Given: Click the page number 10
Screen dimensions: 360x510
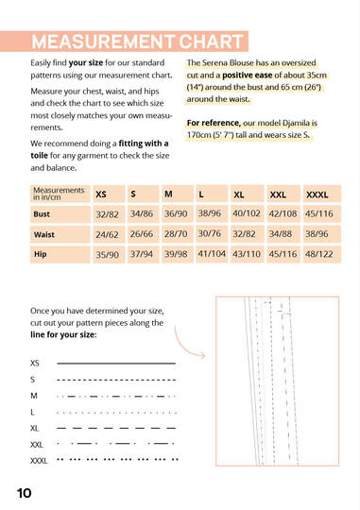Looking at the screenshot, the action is tap(24, 493).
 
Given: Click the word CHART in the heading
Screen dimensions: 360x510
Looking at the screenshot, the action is tap(211, 42).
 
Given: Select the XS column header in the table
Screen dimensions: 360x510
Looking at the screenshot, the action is tap(109, 195).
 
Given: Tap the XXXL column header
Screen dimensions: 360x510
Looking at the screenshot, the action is tap(322, 195).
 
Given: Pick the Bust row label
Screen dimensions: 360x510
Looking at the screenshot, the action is tap(60, 214).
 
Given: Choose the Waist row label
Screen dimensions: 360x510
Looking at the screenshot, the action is tap(60, 234).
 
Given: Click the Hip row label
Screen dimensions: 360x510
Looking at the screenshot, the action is tap(60, 254).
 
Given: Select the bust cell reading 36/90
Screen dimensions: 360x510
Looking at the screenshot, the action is tap(178, 214).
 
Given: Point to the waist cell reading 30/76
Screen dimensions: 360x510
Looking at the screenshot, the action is tap(212, 234).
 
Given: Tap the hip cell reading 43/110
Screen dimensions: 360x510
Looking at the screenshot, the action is tap(248, 254).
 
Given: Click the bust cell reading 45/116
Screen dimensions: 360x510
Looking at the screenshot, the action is tap(322, 214).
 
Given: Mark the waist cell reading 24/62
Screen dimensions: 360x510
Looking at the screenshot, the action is tap(109, 234).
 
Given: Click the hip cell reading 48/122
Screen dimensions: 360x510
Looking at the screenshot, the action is tap(322, 254).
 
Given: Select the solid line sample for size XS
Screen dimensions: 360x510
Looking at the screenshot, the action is tap(116, 363).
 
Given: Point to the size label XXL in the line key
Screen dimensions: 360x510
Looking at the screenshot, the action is tap(37, 445).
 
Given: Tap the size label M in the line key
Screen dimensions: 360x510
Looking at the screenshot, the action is tap(34, 396).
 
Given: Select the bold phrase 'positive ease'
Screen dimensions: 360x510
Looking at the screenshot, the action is tap(247, 76).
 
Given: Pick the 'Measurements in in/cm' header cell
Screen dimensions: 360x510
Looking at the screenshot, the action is tap(60, 195).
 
